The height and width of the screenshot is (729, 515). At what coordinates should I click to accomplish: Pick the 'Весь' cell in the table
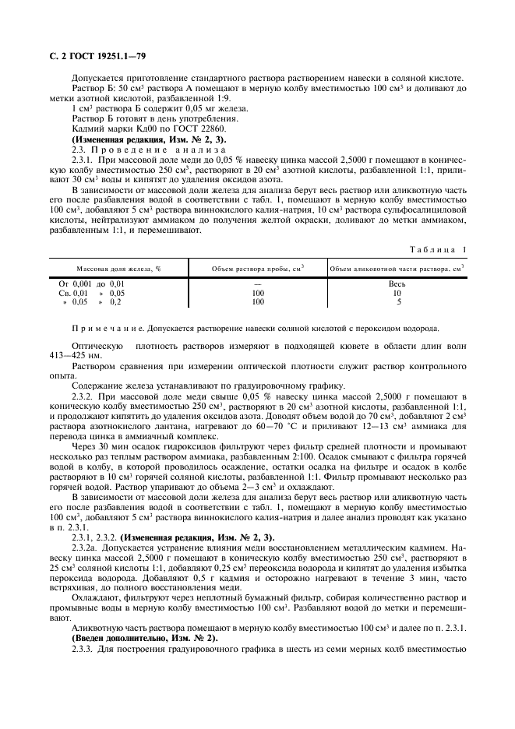tap(399, 284)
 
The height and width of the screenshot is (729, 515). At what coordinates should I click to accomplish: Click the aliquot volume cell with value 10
tap(399, 293)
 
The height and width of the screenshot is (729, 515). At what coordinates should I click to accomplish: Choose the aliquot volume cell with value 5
tap(399, 301)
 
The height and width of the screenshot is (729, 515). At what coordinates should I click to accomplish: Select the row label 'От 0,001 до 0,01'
tap(92, 284)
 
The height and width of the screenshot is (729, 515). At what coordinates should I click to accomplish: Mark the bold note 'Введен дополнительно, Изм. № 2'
tap(145, 639)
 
